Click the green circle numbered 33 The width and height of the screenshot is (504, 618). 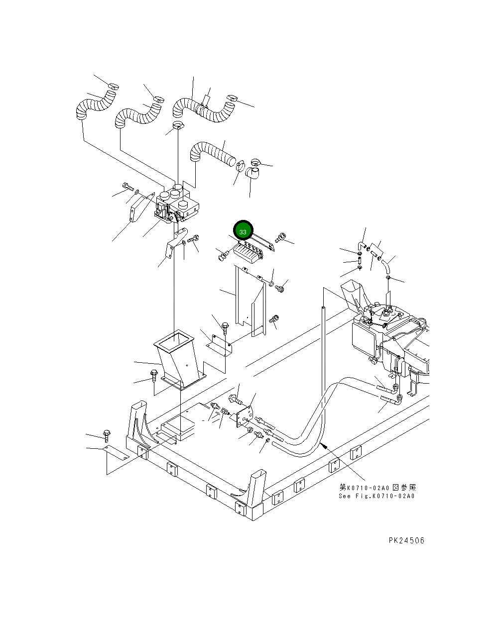243,231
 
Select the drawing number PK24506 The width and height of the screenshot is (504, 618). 406,540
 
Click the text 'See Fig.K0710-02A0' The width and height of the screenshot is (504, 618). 377,496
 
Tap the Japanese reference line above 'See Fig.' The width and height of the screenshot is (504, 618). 378,488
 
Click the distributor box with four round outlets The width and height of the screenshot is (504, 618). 177,204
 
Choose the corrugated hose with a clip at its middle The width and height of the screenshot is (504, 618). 204,108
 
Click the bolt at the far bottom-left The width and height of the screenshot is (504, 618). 106,435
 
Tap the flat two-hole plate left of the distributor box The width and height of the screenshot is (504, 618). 139,208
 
